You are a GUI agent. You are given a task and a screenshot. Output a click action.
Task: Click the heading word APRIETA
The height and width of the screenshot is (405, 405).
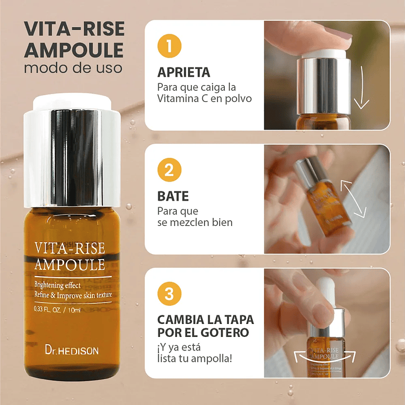pyautogui.click(x=184, y=73)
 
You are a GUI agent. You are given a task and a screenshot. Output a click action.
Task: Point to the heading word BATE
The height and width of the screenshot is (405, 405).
pyautogui.click(x=173, y=197)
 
